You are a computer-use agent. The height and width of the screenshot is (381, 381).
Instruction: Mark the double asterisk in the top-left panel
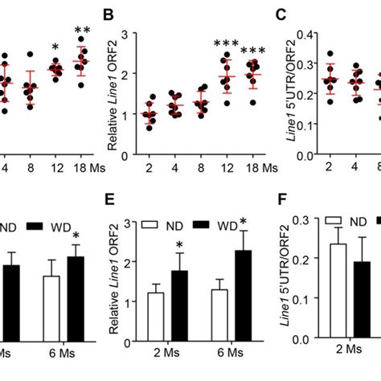click(x=82, y=32)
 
